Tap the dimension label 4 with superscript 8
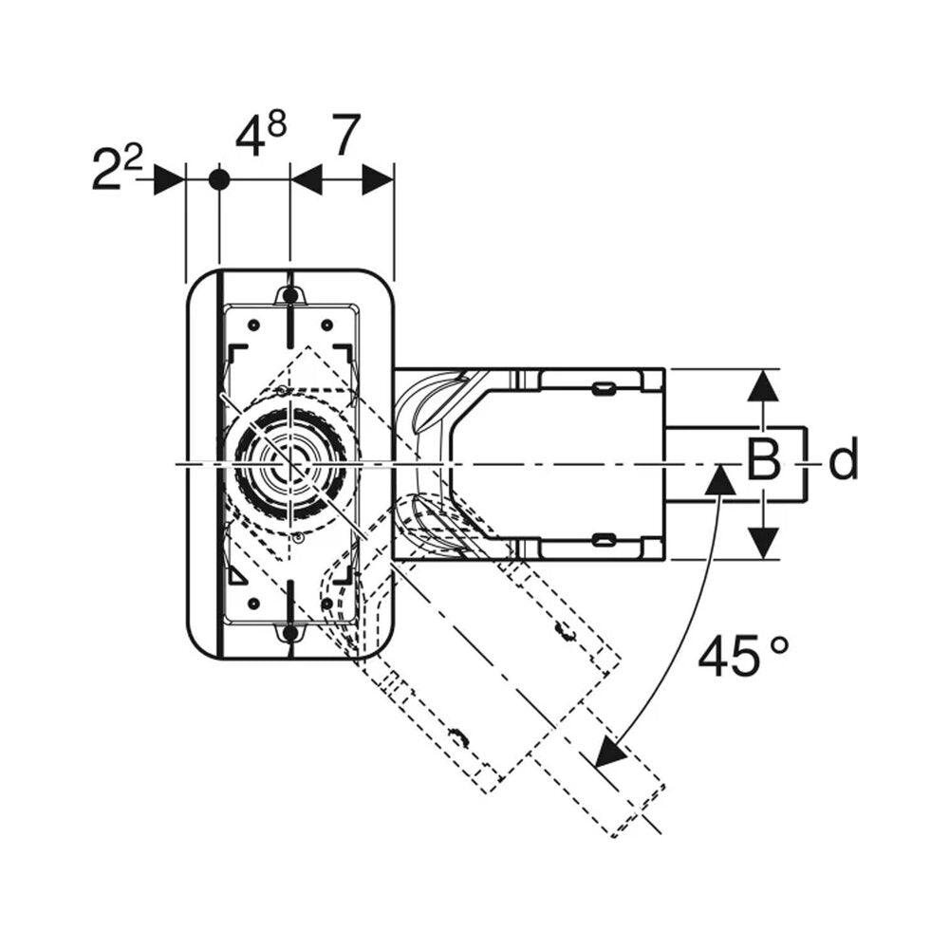pos(260,134)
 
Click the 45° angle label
pos(744,655)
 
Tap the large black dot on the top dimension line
pos(219,179)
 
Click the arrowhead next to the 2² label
pos(168,179)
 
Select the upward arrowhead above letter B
pos(763,384)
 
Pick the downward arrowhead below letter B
pos(763,543)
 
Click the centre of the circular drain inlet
pos(291,464)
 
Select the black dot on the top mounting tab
pos(290,295)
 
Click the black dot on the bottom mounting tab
pos(290,633)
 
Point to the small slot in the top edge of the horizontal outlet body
pos(604,388)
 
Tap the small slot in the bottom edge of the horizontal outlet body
pos(604,539)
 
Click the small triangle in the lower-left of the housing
pos(238,576)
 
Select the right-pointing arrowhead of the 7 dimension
pos(379,179)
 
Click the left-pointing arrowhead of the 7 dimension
pos(307,179)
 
